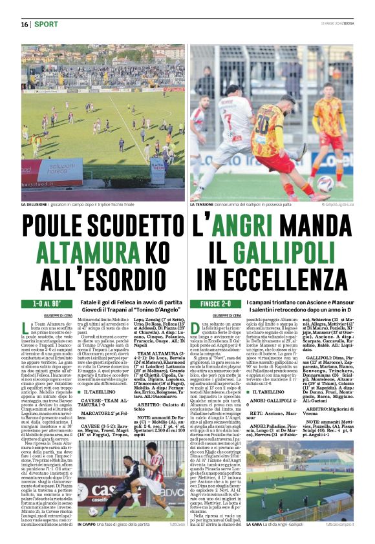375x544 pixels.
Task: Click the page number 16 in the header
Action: [x=25, y=24]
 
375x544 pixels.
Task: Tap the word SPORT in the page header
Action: [x=46, y=24]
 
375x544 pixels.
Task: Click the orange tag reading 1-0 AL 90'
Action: [x=43, y=303]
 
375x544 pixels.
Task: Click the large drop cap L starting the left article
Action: [x=25, y=328]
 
